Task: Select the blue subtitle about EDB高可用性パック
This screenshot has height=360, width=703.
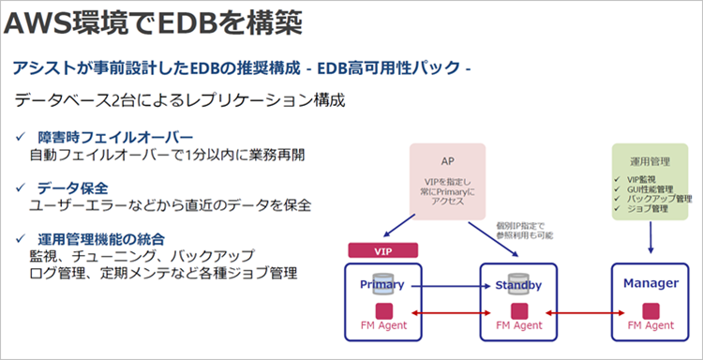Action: point(240,68)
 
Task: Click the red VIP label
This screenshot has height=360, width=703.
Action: point(381,251)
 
